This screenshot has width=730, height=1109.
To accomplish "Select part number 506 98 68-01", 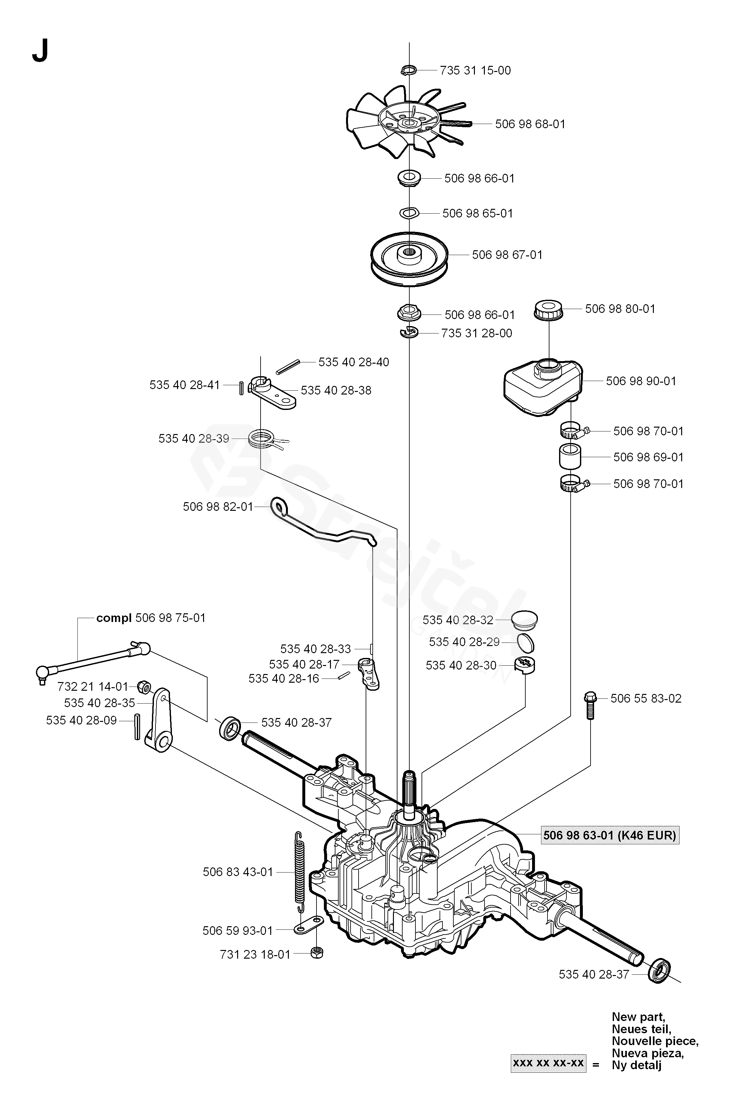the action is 530,124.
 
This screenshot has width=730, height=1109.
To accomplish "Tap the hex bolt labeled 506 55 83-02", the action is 589,706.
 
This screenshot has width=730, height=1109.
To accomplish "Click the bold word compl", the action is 114,618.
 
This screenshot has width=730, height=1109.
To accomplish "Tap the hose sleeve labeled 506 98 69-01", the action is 570,457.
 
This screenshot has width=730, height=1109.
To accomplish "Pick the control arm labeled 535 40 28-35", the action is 158,720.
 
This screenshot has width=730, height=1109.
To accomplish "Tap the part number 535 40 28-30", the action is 461,665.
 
